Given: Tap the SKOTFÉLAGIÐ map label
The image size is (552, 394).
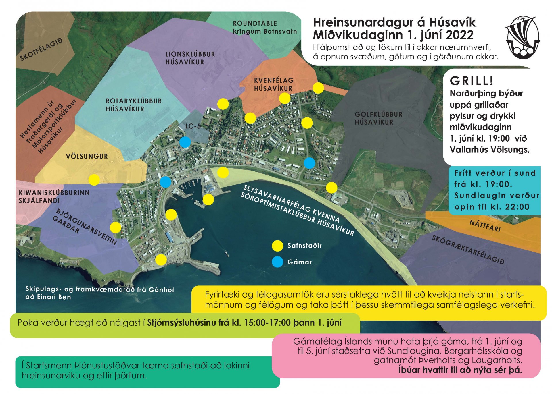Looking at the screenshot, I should (41, 50).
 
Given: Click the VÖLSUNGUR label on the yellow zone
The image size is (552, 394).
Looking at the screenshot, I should (87, 157).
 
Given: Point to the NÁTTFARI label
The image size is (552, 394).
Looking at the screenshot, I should (485, 226).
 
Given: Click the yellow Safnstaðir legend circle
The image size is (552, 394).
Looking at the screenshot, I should (277, 246).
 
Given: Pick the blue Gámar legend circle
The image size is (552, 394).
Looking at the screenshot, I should (277, 262).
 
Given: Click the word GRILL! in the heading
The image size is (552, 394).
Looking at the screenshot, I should (471, 81).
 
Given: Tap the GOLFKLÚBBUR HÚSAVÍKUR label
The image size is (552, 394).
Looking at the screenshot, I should (378, 118).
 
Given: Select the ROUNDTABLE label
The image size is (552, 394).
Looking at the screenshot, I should (255, 24).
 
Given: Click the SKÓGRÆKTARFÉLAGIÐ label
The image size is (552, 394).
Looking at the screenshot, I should (468, 250).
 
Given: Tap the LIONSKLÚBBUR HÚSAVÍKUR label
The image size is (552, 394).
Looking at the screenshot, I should (190, 58).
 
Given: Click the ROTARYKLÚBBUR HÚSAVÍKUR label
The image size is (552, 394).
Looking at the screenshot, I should (134, 105).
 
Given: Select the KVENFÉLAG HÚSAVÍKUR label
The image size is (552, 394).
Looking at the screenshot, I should (273, 84).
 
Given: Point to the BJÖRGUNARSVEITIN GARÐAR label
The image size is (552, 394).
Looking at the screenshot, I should (85, 227).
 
